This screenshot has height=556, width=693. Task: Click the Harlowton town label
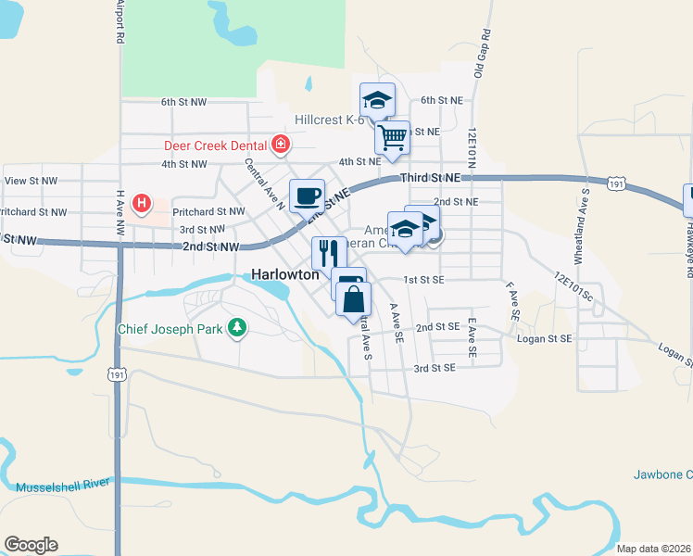(285, 275)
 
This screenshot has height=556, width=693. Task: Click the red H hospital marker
(142, 202)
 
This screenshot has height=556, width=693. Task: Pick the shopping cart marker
(393, 137)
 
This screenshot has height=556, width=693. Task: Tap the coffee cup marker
(307, 196)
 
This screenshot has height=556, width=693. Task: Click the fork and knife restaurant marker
(329, 252)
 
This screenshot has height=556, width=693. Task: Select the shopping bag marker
(353, 299)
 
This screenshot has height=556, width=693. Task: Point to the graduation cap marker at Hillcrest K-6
(377, 99)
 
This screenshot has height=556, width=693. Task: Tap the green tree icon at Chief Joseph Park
(238, 328)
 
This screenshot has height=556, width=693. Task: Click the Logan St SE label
(561, 339)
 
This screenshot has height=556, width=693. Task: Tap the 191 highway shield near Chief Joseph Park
(117, 374)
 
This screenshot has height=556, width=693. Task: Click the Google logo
(31, 545)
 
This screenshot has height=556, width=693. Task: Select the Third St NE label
(430, 177)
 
